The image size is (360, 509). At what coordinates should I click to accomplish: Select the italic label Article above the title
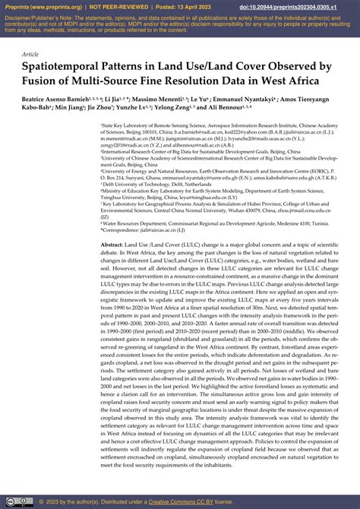[30, 55]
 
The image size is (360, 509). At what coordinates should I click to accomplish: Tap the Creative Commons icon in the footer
[10, 502]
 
